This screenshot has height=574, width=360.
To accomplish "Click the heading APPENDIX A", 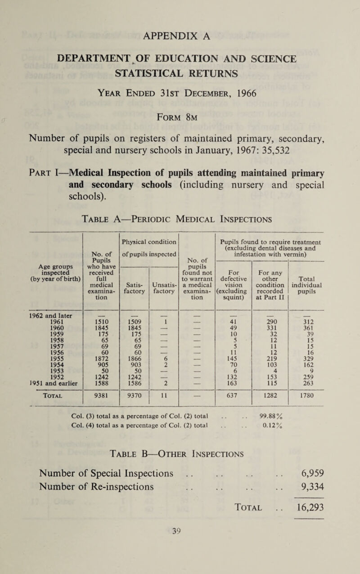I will pos(180,34).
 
